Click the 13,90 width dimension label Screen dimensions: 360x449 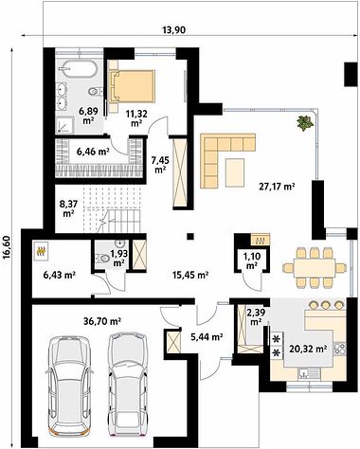[173, 30]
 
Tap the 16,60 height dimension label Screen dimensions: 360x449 [8, 247]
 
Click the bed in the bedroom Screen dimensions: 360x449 [133, 86]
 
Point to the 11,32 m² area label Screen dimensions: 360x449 [136, 117]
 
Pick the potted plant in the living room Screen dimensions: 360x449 [305, 122]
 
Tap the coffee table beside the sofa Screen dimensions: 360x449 [235, 172]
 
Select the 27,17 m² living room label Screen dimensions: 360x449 [277, 187]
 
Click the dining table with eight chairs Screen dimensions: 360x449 [315, 268]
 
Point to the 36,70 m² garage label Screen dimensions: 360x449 [102, 321]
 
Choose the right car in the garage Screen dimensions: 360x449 [127, 386]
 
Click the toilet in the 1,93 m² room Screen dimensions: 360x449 [101, 259]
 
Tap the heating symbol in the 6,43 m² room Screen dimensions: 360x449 [41, 251]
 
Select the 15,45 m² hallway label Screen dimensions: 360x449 [190, 275]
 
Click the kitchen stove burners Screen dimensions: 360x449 [341, 349]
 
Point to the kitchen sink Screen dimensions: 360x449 [304, 374]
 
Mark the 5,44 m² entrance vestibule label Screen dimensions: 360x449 [207, 337]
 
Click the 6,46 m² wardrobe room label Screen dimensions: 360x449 [93, 152]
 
